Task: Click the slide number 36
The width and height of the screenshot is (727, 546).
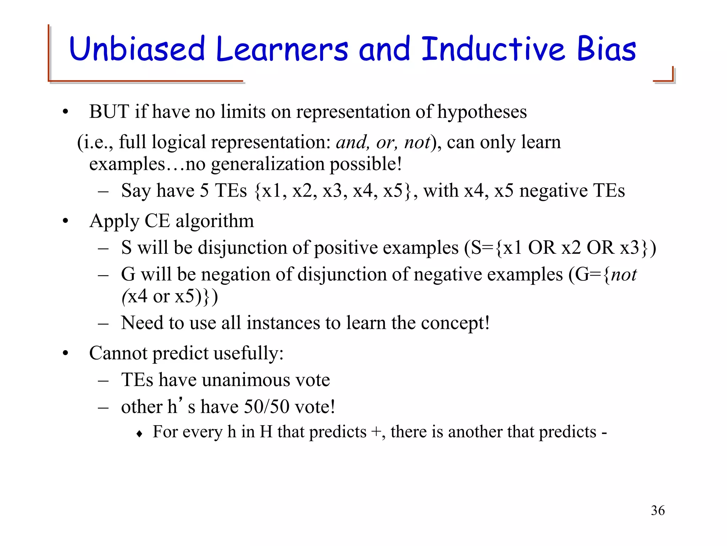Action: click(658, 510)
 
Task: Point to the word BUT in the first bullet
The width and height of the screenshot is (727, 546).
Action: click(109, 112)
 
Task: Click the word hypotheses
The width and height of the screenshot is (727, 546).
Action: click(482, 112)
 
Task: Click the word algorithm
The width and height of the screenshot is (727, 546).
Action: click(215, 221)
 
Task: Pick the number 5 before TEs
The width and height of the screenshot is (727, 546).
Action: click(204, 191)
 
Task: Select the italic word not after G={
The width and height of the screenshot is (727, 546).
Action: click(624, 275)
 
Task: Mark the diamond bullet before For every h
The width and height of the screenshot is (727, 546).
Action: click(140, 434)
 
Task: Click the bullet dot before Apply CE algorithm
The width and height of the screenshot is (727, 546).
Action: click(65, 221)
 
